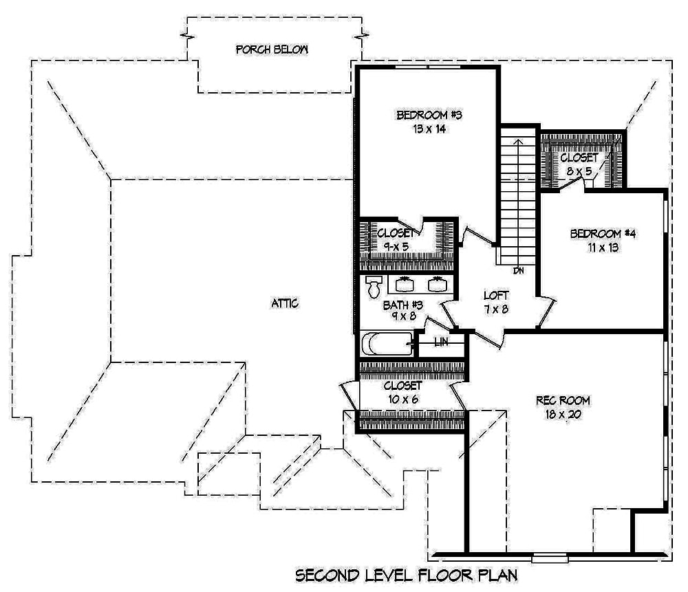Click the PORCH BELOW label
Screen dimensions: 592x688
coord(271,50)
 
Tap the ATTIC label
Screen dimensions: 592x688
coord(285,303)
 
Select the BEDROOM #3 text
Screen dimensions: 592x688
coord(428,116)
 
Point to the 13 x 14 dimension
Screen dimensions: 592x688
coord(427,129)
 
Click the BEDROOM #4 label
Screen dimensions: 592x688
coord(602,234)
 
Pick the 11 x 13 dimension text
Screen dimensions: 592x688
coord(601,248)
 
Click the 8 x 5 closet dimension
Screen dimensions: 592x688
coord(579,171)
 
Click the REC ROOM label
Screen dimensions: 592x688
coord(563,400)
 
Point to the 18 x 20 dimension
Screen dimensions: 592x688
coord(563,415)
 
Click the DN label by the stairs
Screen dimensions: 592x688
coord(519,271)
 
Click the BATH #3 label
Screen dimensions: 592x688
coord(402,304)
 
